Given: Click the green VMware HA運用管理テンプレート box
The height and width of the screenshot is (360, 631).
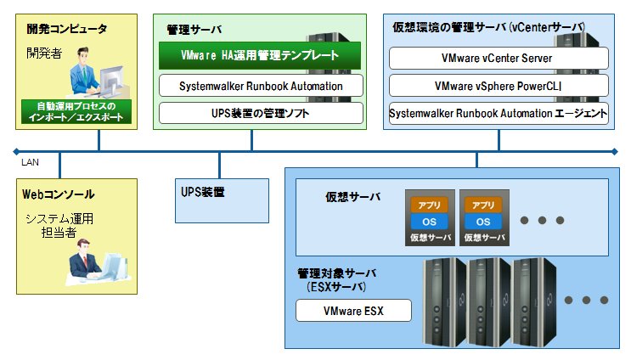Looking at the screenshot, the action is click(260, 55).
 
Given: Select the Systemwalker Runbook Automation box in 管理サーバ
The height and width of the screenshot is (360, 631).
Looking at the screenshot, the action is click(261, 86).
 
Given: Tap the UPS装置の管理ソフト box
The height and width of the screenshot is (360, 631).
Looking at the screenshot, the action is click(261, 113).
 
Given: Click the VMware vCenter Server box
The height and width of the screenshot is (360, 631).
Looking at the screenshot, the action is click(499, 58).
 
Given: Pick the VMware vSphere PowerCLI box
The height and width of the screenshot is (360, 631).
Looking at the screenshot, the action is click(499, 86).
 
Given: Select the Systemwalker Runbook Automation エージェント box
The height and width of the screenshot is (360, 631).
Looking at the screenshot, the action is click(499, 113).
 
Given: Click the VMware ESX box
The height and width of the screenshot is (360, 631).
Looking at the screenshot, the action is click(354, 311).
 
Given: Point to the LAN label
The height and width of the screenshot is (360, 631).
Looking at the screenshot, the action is click(31, 162).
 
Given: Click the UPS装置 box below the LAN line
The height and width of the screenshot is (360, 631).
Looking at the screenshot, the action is click(222, 200).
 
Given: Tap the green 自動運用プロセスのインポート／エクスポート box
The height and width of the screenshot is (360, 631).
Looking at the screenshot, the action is click(76, 111).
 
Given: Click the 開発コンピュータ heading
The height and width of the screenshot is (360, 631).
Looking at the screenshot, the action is click(67, 29).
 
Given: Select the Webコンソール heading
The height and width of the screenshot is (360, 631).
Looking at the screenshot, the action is click(58, 194).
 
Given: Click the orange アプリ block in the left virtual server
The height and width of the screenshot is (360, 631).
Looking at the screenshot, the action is click(429, 205).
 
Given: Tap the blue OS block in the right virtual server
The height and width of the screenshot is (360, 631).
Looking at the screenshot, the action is click(483, 222).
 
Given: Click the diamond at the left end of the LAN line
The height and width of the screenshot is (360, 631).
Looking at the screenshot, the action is click(16, 152).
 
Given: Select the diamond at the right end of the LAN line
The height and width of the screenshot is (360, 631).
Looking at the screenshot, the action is click(615, 152).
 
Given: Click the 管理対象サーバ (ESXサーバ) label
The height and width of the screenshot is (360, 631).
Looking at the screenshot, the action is click(336, 280).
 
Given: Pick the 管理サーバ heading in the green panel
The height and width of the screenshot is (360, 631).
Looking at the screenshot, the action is click(194, 30).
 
